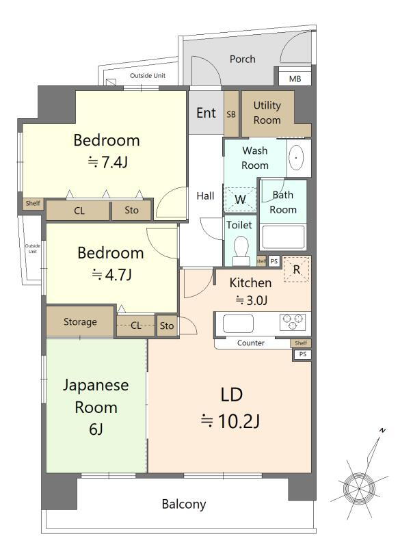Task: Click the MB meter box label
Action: [295, 79]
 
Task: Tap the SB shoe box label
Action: [231, 114]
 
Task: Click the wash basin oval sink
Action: [296, 158]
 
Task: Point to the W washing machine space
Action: [240, 200]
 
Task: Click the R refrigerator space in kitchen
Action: [297, 269]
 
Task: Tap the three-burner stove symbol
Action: [292, 322]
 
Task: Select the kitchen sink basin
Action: [238, 323]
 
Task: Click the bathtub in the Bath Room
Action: [283, 237]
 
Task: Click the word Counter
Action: [251, 343]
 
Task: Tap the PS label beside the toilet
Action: [274, 261]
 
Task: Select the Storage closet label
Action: [80, 321]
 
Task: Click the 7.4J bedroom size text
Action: [107, 162]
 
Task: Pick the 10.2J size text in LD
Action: [230, 421]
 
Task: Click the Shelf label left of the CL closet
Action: [33, 203]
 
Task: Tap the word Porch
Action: [243, 59]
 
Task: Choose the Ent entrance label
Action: [206, 113]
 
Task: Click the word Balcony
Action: [184, 504]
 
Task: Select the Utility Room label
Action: [267, 112]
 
